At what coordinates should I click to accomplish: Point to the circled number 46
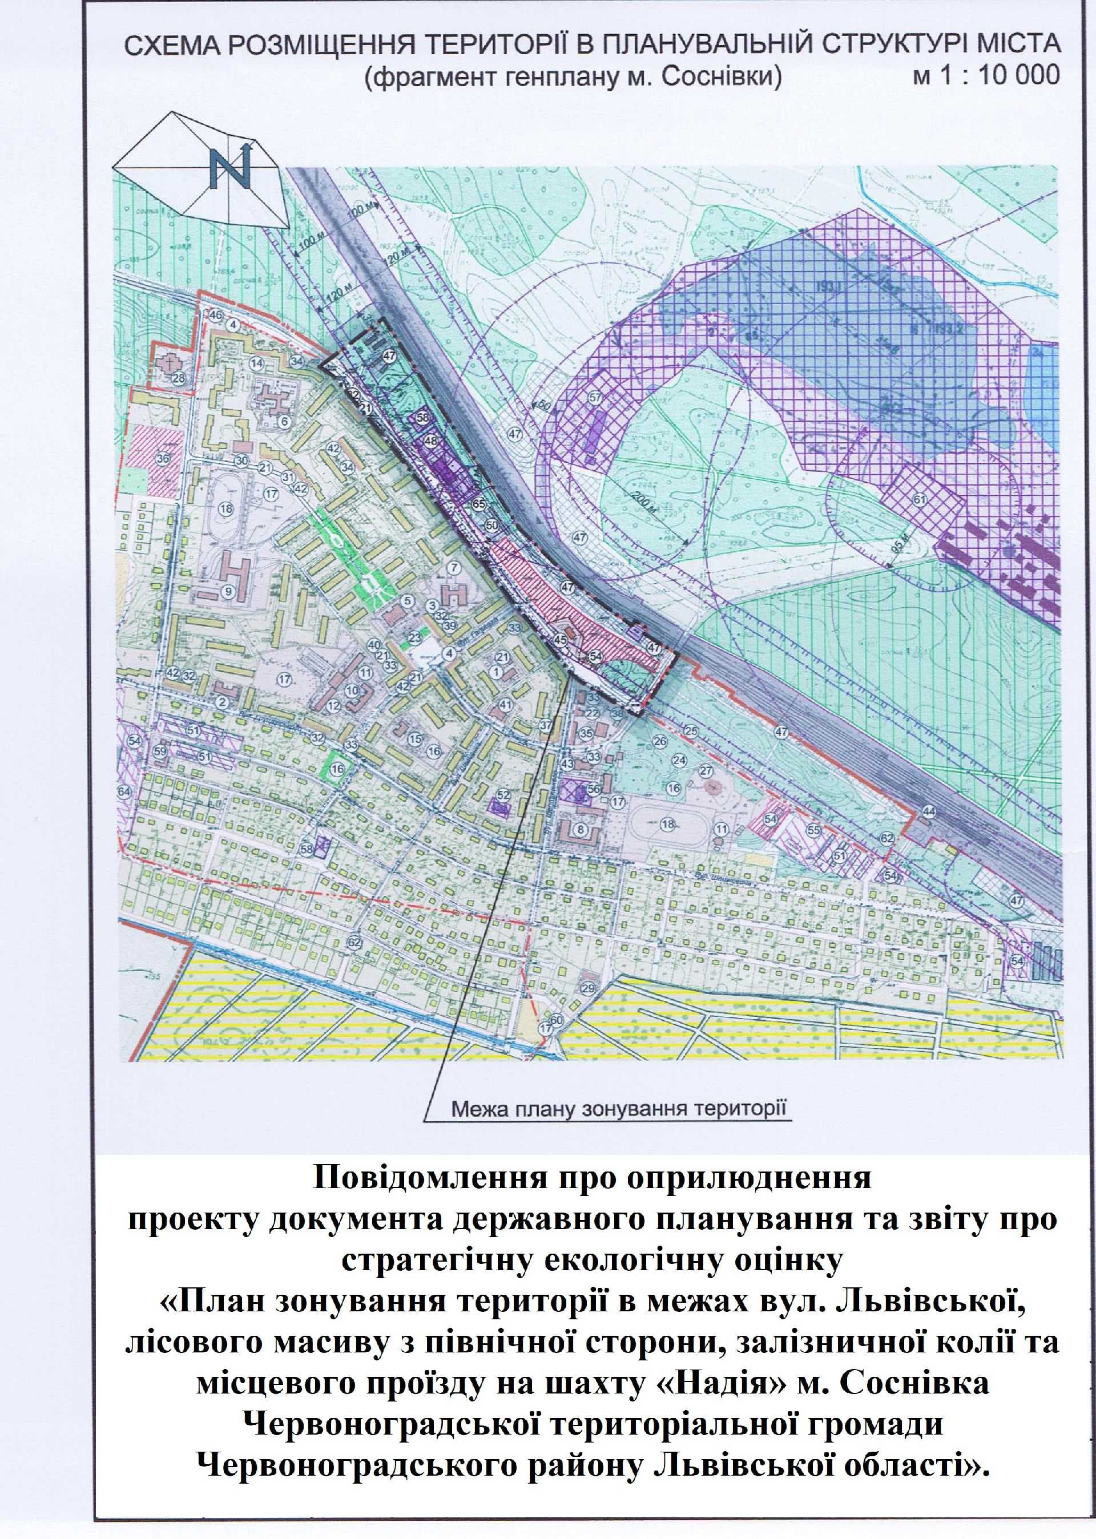[x=215, y=315]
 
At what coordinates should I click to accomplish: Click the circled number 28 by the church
[x=178, y=378]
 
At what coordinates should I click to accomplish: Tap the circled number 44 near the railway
[x=929, y=811]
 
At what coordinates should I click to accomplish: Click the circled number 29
[x=588, y=988]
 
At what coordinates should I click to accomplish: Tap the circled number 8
[x=579, y=829]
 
